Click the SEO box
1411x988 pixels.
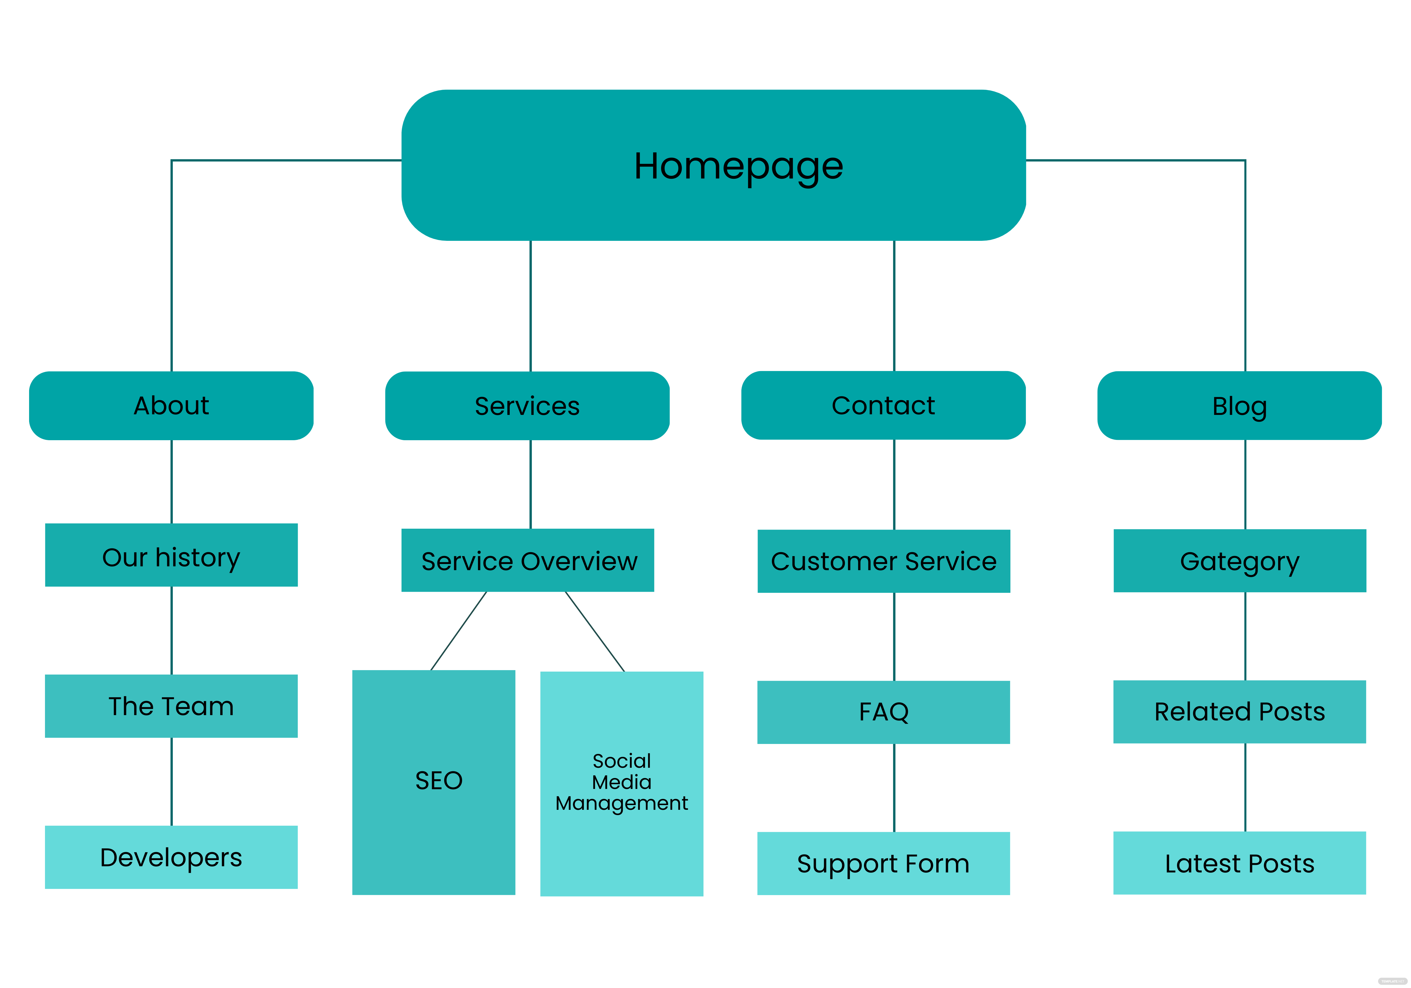coord(433,782)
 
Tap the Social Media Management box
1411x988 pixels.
coord(621,783)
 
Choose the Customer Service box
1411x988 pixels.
coord(883,561)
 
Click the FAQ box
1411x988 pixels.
coord(883,712)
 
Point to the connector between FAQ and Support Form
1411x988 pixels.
coord(894,787)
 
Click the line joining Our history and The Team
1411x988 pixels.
coord(171,630)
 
